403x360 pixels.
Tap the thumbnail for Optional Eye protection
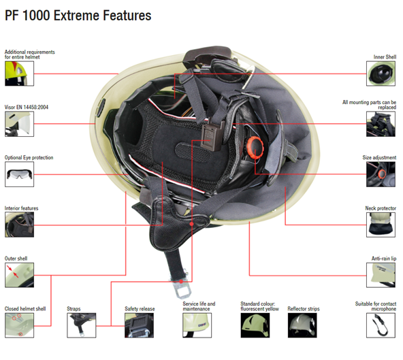click(x=19, y=174)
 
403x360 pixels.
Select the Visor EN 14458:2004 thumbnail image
click(x=19, y=124)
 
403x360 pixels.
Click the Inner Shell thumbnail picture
click(x=381, y=73)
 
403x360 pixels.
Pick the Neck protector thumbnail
click(x=381, y=225)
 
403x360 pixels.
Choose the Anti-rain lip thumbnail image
click(x=381, y=275)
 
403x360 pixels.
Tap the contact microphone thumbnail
click(x=381, y=325)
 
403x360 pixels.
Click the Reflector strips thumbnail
click(x=302, y=325)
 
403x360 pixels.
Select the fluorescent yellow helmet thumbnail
click(x=255, y=325)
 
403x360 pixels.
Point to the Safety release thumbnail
click(x=139, y=325)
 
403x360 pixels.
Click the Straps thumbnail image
click(x=82, y=325)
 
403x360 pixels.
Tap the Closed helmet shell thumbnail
click(x=19, y=325)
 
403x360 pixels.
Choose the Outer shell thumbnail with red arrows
click(x=19, y=275)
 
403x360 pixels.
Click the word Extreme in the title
click(x=77, y=16)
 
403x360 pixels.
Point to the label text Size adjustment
click(x=379, y=157)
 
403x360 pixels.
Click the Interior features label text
click(x=21, y=208)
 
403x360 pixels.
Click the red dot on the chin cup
click(x=191, y=224)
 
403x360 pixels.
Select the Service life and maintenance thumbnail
click(x=197, y=325)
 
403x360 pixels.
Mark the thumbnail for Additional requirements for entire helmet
click(x=19, y=73)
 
